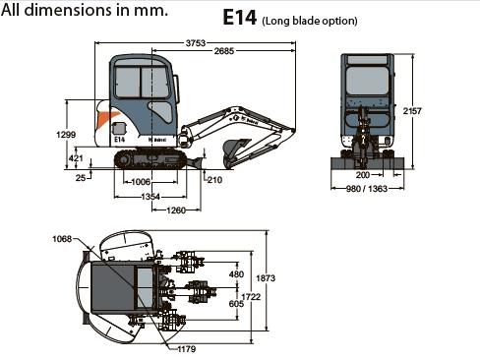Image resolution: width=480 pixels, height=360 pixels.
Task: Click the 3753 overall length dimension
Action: (196, 43)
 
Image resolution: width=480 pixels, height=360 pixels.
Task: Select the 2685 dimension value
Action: (224, 51)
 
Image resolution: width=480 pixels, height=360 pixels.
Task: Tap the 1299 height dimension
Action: (66, 135)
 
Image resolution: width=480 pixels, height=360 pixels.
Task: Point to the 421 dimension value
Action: (76, 158)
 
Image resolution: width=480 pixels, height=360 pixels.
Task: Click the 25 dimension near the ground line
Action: (81, 178)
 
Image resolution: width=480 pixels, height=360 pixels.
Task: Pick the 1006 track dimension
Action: (141, 182)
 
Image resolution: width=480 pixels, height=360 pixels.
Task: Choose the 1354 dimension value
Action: (150, 197)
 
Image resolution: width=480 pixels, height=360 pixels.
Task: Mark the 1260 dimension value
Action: (176, 210)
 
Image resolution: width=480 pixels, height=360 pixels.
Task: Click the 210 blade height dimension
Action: (214, 180)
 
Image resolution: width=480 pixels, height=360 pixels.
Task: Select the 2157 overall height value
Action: (412, 111)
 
